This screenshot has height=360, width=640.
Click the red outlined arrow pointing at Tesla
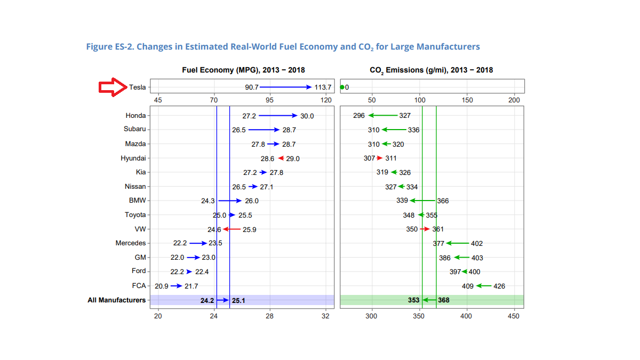click(x=112, y=87)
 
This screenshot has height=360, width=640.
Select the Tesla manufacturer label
click(x=137, y=87)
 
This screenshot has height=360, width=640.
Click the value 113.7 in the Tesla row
click(x=323, y=87)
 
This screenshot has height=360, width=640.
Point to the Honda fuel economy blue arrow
click(x=278, y=115)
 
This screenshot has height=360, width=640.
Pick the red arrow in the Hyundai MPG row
click(x=281, y=158)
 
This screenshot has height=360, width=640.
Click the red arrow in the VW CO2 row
click(x=425, y=229)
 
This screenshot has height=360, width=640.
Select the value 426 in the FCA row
click(x=499, y=286)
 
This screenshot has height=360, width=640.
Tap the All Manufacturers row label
click(x=116, y=300)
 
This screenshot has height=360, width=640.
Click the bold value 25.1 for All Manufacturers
click(x=238, y=301)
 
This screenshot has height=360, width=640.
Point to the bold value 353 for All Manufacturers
click(x=414, y=301)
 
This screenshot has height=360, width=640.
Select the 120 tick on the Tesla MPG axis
click(x=326, y=100)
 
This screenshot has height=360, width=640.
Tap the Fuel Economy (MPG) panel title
click(x=243, y=70)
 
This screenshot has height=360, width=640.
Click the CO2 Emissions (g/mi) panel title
click(x=431, y=70)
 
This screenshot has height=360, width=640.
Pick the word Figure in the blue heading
click(x=99, y=47)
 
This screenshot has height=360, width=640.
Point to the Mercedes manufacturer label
click(x=130, y=243)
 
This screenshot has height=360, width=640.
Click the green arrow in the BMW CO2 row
click(x=423, y=201)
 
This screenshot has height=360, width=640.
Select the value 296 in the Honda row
click(x=359, y=116)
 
